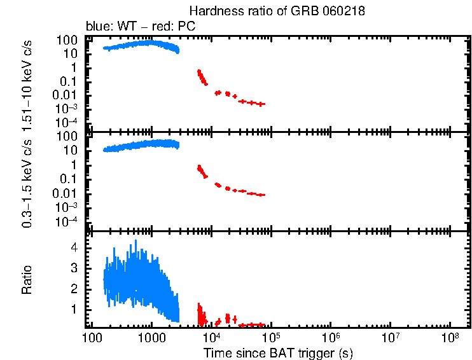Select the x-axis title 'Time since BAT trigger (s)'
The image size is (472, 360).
[x=278, y=352]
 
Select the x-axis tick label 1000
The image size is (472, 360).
[x=151, y=337]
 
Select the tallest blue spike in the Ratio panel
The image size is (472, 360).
[x=135, y=242]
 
